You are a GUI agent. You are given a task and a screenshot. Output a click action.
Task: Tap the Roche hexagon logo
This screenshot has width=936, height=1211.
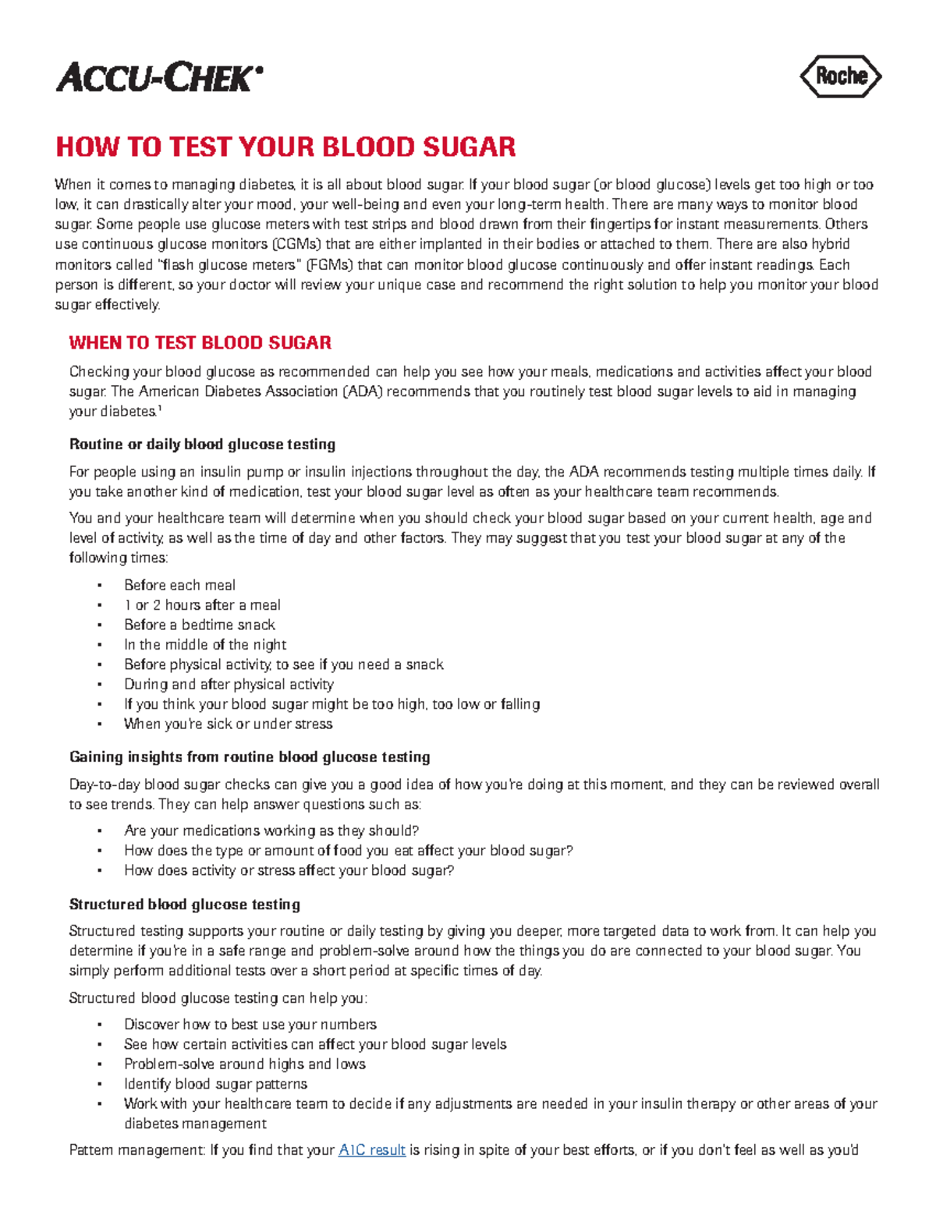pos(840,76)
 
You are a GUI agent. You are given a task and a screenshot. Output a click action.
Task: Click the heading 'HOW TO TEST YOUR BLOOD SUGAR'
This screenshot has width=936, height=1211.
pos(285,147)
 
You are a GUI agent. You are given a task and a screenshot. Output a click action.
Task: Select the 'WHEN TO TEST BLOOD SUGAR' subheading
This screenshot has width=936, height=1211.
pos(200,343)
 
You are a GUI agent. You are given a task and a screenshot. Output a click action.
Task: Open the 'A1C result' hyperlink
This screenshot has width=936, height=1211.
pos(372,1150)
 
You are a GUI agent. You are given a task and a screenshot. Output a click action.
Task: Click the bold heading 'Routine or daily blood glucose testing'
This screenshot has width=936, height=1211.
pos(202,444)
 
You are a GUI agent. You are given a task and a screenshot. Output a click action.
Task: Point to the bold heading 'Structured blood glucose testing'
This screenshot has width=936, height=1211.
pos(185,905)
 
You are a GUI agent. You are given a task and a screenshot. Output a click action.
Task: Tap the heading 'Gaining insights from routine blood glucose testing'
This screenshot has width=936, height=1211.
pos(250,757)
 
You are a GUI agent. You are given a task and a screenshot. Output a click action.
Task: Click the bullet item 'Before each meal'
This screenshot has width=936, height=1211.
pos(179,586)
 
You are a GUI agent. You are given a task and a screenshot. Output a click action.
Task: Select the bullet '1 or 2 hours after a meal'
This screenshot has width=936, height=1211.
pos(202,605)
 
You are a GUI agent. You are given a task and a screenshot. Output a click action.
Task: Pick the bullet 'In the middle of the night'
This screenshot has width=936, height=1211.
pos(205,645)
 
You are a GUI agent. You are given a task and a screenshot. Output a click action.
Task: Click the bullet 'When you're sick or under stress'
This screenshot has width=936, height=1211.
pos(228,724)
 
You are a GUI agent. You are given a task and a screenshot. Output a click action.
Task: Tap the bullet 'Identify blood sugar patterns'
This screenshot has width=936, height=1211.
pos(215,1085)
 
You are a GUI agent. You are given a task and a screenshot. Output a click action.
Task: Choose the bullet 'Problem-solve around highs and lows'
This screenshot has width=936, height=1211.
pos(244,1064)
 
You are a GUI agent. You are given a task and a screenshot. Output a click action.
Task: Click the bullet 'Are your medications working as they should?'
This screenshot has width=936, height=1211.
pos(271,831)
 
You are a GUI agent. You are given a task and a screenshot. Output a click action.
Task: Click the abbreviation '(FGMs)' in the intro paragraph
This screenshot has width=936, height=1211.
pos(328,264)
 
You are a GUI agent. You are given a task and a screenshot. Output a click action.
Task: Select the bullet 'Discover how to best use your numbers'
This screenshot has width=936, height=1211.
pos(250,1025)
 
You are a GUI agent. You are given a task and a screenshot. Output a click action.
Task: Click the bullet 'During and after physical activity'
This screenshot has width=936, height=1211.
pos(229,685)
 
